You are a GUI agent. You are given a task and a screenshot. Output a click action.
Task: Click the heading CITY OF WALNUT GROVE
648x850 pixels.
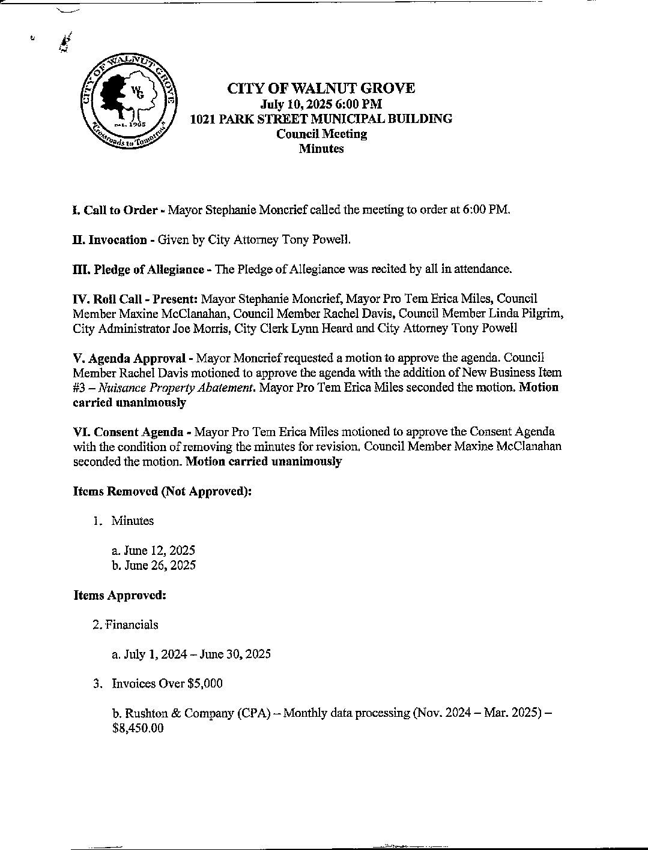[x=321, y=89]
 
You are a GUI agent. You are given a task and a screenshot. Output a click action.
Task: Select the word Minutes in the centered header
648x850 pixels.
[x=321, y=149]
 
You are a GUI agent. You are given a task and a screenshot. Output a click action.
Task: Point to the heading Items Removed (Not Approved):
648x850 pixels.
[x=162, y=491]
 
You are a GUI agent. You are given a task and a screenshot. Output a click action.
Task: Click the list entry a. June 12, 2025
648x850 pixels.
[x=153, y=551]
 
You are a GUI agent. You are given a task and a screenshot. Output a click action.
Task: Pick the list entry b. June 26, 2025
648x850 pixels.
[x=154, y=565]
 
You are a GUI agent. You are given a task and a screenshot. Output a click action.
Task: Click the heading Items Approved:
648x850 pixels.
[x=120, y=595]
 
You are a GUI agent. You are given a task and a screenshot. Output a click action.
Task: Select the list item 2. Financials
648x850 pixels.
[x=126, y=624]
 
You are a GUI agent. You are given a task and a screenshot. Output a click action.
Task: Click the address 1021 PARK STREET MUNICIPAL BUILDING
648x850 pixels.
[x=321, y=119]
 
